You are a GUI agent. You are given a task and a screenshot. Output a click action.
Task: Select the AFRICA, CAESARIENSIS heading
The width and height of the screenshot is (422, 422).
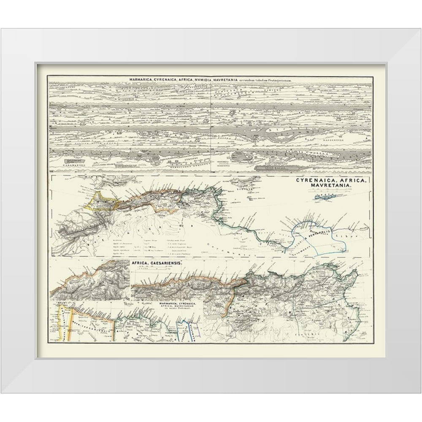pos(157,262)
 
